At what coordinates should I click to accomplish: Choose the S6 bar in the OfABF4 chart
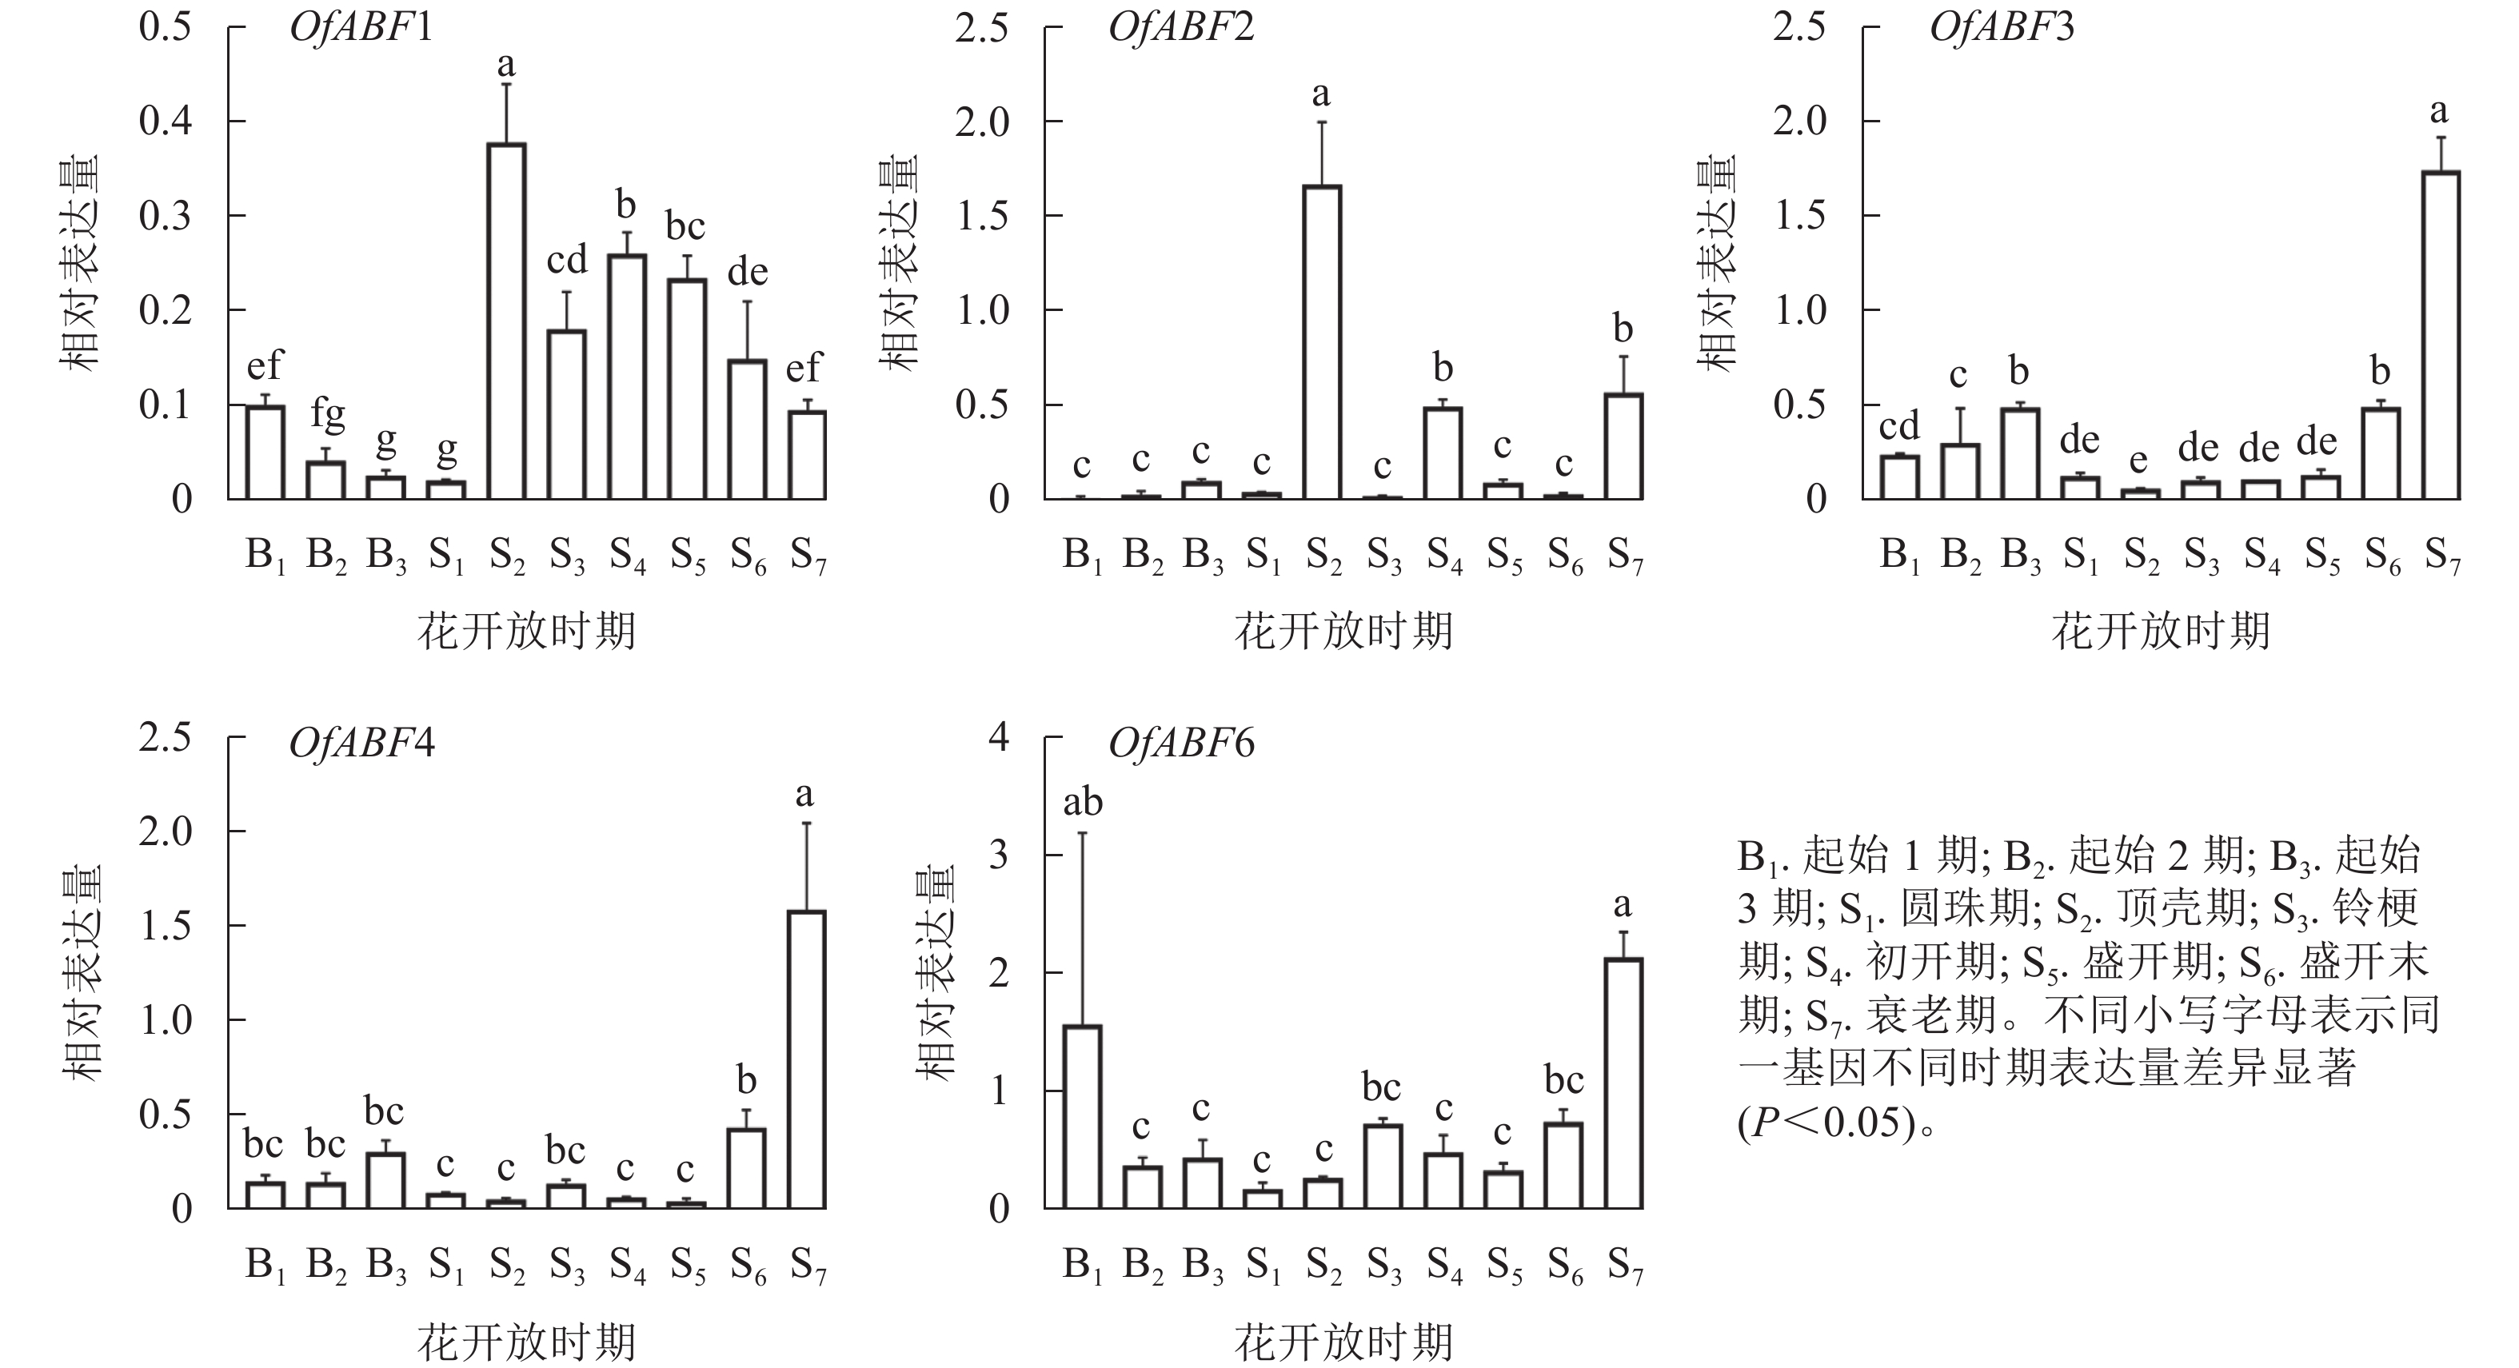pos(747,1169)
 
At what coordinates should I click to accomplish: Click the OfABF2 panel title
pos(1181,27)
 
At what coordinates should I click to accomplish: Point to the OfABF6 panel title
pos(1181,744)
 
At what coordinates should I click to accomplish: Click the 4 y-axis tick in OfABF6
pos(999,736)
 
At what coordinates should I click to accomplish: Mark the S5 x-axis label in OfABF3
pos(2322,556)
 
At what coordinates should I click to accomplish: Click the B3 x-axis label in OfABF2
pos(1203,556)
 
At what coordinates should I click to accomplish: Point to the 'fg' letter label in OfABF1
pos(328,415)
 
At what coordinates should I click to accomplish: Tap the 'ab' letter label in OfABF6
pos(1083,803)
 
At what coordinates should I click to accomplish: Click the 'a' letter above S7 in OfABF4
pos(804,794)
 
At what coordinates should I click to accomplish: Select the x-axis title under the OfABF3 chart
pos(2160,631)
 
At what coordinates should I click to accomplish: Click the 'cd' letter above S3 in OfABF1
pos(567,261)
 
